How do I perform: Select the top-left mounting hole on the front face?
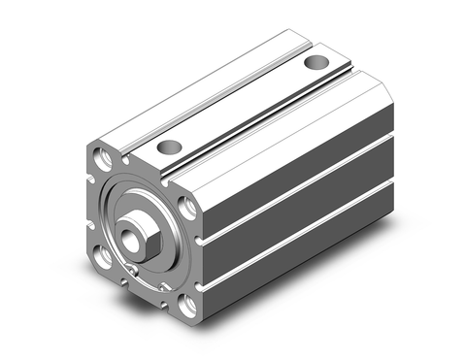point(102,155)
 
